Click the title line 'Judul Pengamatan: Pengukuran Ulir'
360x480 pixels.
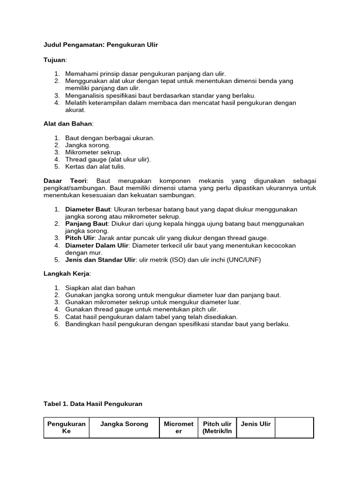point(101,45)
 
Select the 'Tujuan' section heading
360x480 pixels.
point(55,60)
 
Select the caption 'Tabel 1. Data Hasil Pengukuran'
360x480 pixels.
point(93,404)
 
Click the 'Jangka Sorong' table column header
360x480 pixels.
point(124,424)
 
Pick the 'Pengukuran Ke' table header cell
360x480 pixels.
point(67,427)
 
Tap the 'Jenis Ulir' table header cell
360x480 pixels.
point(255,424)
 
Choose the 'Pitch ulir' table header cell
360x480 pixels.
point(217,427)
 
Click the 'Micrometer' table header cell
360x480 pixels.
point(179,427)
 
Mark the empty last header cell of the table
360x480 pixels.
point(294,427)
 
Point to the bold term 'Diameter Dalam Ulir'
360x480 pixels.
point(97,245)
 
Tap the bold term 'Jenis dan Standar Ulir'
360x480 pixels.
point(100,260)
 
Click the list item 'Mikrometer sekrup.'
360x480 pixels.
point(94,152)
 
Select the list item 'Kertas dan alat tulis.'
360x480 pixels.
point(96,166)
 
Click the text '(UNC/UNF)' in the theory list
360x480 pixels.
point(244,260)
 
